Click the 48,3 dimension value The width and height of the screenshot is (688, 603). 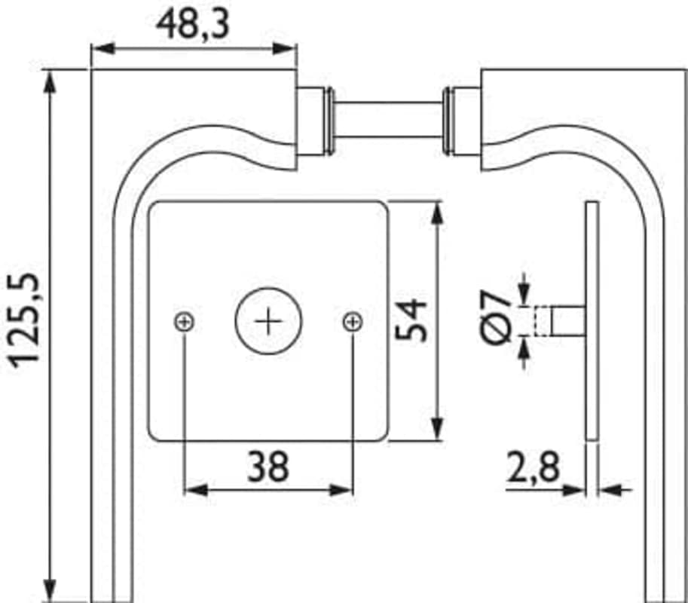click(193, 24)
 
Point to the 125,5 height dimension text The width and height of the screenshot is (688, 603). click(25, 321)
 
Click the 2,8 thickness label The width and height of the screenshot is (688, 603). click(534, 467)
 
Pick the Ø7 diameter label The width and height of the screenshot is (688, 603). click(496, 316)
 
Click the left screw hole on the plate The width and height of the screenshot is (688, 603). click(185, 323)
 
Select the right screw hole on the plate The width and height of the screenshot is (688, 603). click(353, 322)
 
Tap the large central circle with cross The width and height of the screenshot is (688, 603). click(268, 321)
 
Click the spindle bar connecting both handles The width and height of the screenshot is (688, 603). click(389, 120)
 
